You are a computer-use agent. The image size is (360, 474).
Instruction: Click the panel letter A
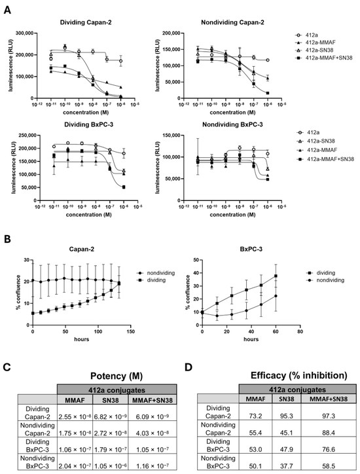point(9,6)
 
